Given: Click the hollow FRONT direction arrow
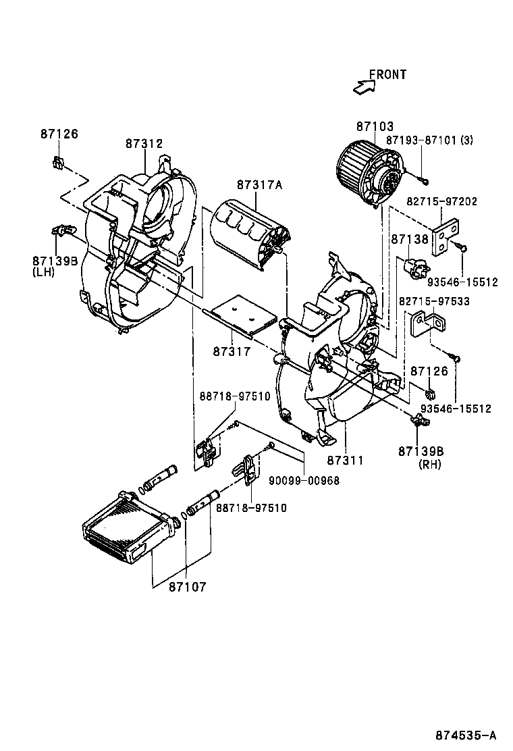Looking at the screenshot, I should tap(365, 86).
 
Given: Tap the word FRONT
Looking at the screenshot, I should tap(387, 74).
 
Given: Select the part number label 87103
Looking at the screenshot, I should tap(375, 126).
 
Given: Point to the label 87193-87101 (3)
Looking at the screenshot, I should tap(430, 140).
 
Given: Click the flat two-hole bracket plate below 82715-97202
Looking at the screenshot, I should tap(446, 236).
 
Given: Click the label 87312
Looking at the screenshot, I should tap(144, 143).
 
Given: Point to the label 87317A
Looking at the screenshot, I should tap(259, 184).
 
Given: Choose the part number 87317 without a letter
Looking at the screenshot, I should tap(232, 351).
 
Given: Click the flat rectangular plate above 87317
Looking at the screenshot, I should tap(242, 315).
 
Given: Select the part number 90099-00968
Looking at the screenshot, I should tap(304, 481).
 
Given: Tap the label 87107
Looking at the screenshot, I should tap(188, 587).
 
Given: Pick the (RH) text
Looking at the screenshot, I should tap(430, 464).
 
